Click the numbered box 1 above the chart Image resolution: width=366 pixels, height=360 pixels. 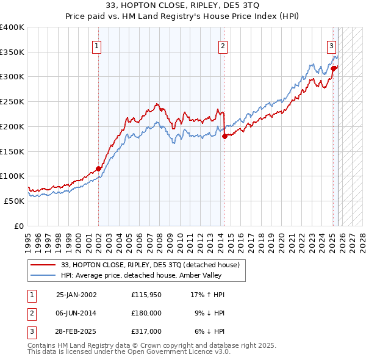(98, 45)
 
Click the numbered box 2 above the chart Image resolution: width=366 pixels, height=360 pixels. (223, 45)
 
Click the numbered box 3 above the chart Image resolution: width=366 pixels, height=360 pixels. (331, 45)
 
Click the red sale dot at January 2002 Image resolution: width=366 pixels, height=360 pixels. (98, 169)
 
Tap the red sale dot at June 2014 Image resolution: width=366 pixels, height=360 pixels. (224, 137)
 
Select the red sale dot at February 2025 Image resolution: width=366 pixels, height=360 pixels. (334, 68)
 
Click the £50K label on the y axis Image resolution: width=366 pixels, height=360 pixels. (14, 201)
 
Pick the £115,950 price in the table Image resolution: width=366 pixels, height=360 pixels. (146, 295)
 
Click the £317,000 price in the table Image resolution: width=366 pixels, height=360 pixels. (146, 331)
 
